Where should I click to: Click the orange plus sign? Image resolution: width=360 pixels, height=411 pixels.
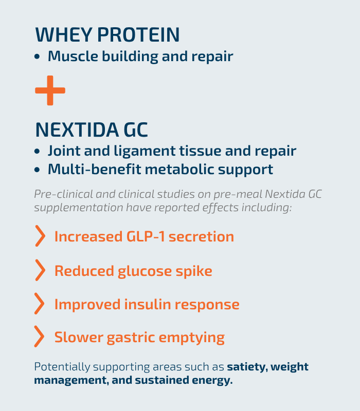click(x=50, y=90)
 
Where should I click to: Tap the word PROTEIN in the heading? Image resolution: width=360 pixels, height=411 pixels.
click(x=138, y=34)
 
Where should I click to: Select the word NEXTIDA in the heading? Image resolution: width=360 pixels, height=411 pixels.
click(x=77, y=130)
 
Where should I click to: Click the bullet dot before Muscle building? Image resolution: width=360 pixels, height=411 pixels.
click(x=37, y=57)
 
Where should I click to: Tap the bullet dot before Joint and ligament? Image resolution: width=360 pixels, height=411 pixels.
click(x=37, y=151)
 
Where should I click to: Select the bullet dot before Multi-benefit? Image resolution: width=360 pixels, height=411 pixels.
click(x=37, y=170)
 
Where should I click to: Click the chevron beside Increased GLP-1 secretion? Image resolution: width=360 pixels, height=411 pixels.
click(x=40, y=236)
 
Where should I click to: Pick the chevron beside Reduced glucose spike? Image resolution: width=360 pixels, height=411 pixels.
click(x=40, y=270)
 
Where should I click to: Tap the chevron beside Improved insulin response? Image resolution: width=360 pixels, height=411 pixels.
click(x=40, y=304)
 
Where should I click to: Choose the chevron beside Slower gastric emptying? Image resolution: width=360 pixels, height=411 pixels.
click(x=40, y=337)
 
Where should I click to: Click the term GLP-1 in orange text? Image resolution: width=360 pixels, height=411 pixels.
click(x=146, y=236)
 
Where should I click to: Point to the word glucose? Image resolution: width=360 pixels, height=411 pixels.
click(x=145, y=271)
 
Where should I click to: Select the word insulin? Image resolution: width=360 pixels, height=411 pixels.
click(x=148, y=304)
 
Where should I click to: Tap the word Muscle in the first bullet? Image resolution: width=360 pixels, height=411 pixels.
click(x=73, y=56)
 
